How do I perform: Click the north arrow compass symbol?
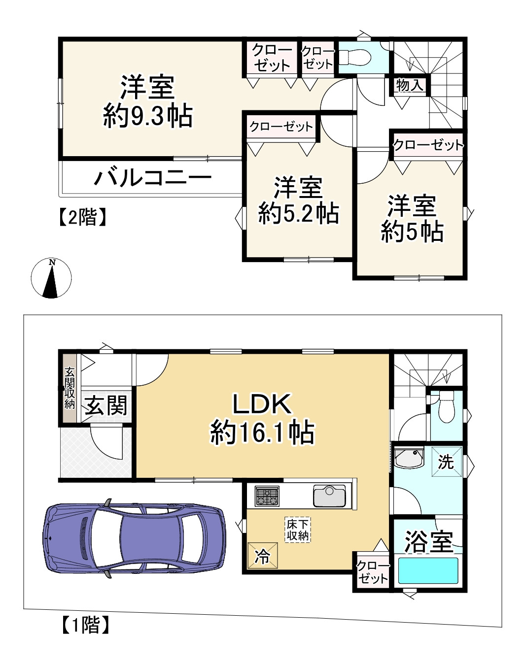[x=51, y=278]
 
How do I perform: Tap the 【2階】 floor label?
[x=82, y=217]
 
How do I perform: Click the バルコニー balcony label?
[x=153, y=177]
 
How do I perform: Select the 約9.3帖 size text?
[x=148, y=117]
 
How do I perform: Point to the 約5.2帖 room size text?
[x=299, y=213]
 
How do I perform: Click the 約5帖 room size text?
[x=412, y=231]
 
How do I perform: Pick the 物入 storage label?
[x=410, y=85]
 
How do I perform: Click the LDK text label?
[x=262, y=404]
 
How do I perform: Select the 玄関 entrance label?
[x=106, y=406]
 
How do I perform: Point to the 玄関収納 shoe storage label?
[x=70, y=388]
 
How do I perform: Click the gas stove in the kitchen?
[x=267, y=496]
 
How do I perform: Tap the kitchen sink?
[x=329, y=496]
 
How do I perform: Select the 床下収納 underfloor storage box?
[x=298, y=530]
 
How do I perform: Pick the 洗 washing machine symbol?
[x=447, y=462]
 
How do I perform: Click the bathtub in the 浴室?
[x=428, y=570]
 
